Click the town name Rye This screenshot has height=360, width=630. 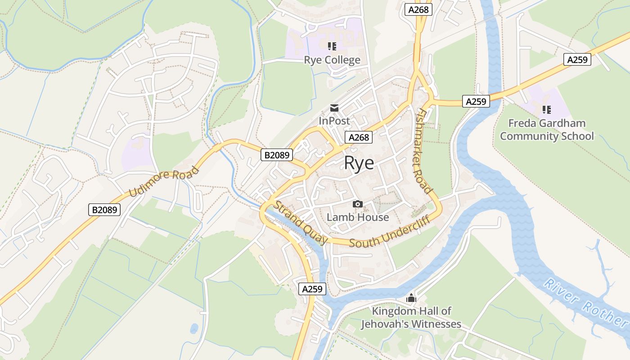[x=359, y=163]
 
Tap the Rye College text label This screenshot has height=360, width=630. [x=332, y=60]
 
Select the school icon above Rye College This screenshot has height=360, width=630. [x=332, y=46]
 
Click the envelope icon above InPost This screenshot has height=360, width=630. [x=334, y=108]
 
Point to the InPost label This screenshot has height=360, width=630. [x=334, y=121]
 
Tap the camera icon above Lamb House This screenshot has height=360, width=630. [x=358, y=204]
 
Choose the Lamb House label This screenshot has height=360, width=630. [x=358, y=217]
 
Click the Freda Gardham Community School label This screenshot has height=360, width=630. [x=547, y=130]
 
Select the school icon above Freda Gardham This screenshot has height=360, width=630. [x=547, y=109]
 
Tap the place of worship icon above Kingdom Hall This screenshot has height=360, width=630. [x=411, y=298]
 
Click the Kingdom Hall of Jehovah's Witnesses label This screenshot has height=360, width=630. [x=411, y=317]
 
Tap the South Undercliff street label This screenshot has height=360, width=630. [x=390, y=232]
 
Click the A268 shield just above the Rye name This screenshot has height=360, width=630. [x=359, y=137]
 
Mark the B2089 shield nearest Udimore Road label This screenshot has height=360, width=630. [x=104, y=209]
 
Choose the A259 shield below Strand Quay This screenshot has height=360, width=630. [x=312, y=289]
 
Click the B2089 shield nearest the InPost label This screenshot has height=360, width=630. [x=277, y=155]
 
